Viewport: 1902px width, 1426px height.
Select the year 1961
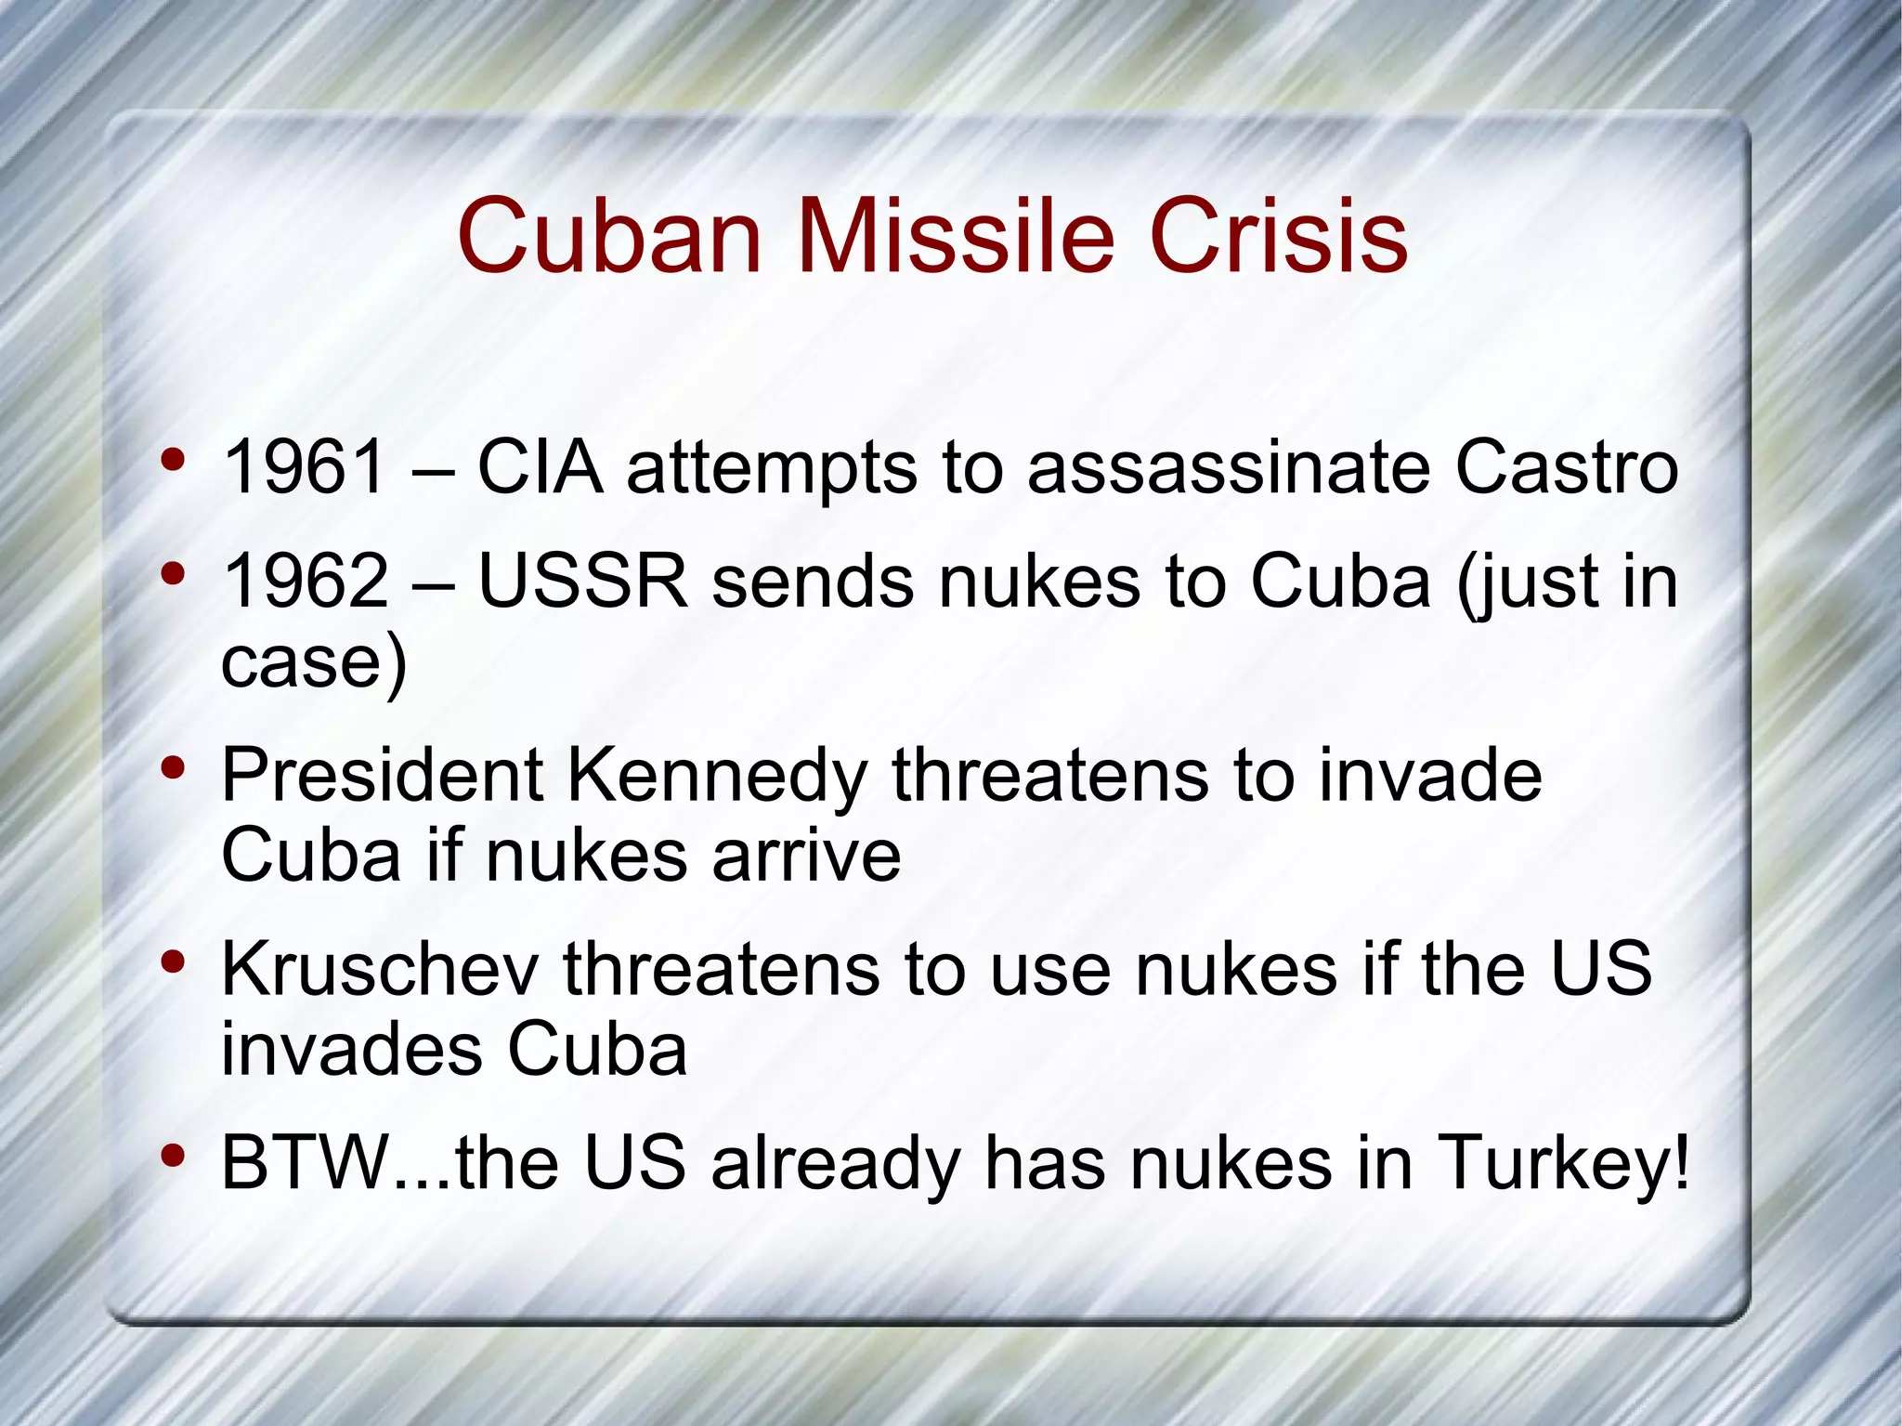[x=304, y=467]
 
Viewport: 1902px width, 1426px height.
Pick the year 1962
[x=306, y=582]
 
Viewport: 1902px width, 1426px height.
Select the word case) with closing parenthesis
[x=314, y=662]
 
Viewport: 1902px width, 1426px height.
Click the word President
[x=382, y=775]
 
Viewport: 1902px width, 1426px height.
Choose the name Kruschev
[x=380, y=969]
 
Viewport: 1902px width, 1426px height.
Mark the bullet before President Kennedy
[x=173, y=768]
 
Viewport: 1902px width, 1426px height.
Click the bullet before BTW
[x=173, y=1157]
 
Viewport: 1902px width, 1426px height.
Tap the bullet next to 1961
[x=173, y=460]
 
